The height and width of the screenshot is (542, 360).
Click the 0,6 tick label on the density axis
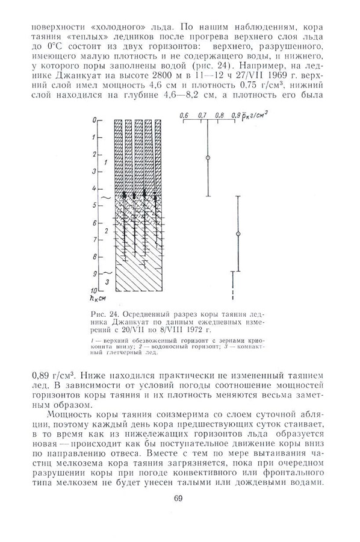tap(184, 114)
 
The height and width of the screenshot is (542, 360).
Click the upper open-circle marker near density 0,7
tap(208, 158)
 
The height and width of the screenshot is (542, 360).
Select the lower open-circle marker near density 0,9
tap(238, 233)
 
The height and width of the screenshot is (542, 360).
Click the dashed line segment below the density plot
tap(232, 294)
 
